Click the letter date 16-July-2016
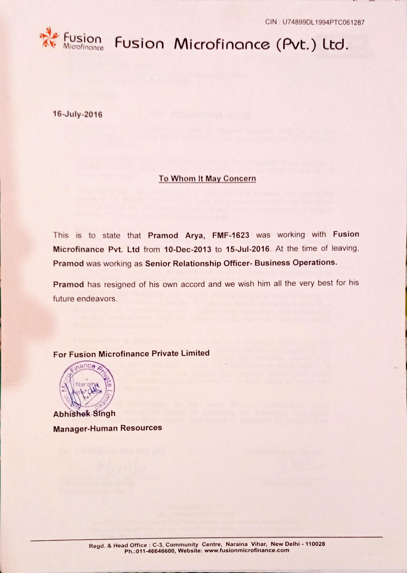point(78,114)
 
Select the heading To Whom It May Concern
point(207,179)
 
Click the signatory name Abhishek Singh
point(84,414)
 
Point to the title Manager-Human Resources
point(108,428)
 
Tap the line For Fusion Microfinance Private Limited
point(131,354)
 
